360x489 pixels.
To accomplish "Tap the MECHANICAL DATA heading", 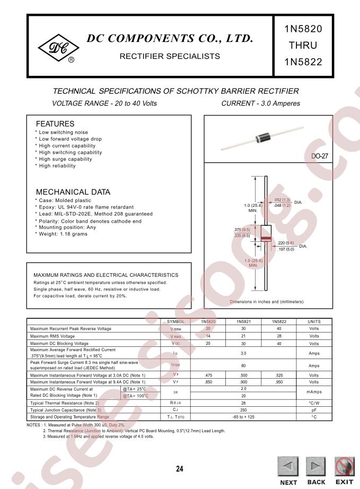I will [x=73, y=192].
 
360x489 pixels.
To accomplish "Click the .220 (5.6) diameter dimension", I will [x=285, y=242].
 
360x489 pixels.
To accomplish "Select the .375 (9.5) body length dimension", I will [x=241, y=229].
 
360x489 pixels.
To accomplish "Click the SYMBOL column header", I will [x=175, y=321].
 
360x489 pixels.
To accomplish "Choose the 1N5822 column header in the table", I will [x=282, y=321].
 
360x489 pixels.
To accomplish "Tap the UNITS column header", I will [x=314, y=321].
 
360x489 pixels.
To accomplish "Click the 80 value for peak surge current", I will [x=243, y=365].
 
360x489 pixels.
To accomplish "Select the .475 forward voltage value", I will [x=208, y=376].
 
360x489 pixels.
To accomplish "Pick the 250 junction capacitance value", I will [x=243, y=410].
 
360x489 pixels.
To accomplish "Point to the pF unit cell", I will [x=314, y=410].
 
